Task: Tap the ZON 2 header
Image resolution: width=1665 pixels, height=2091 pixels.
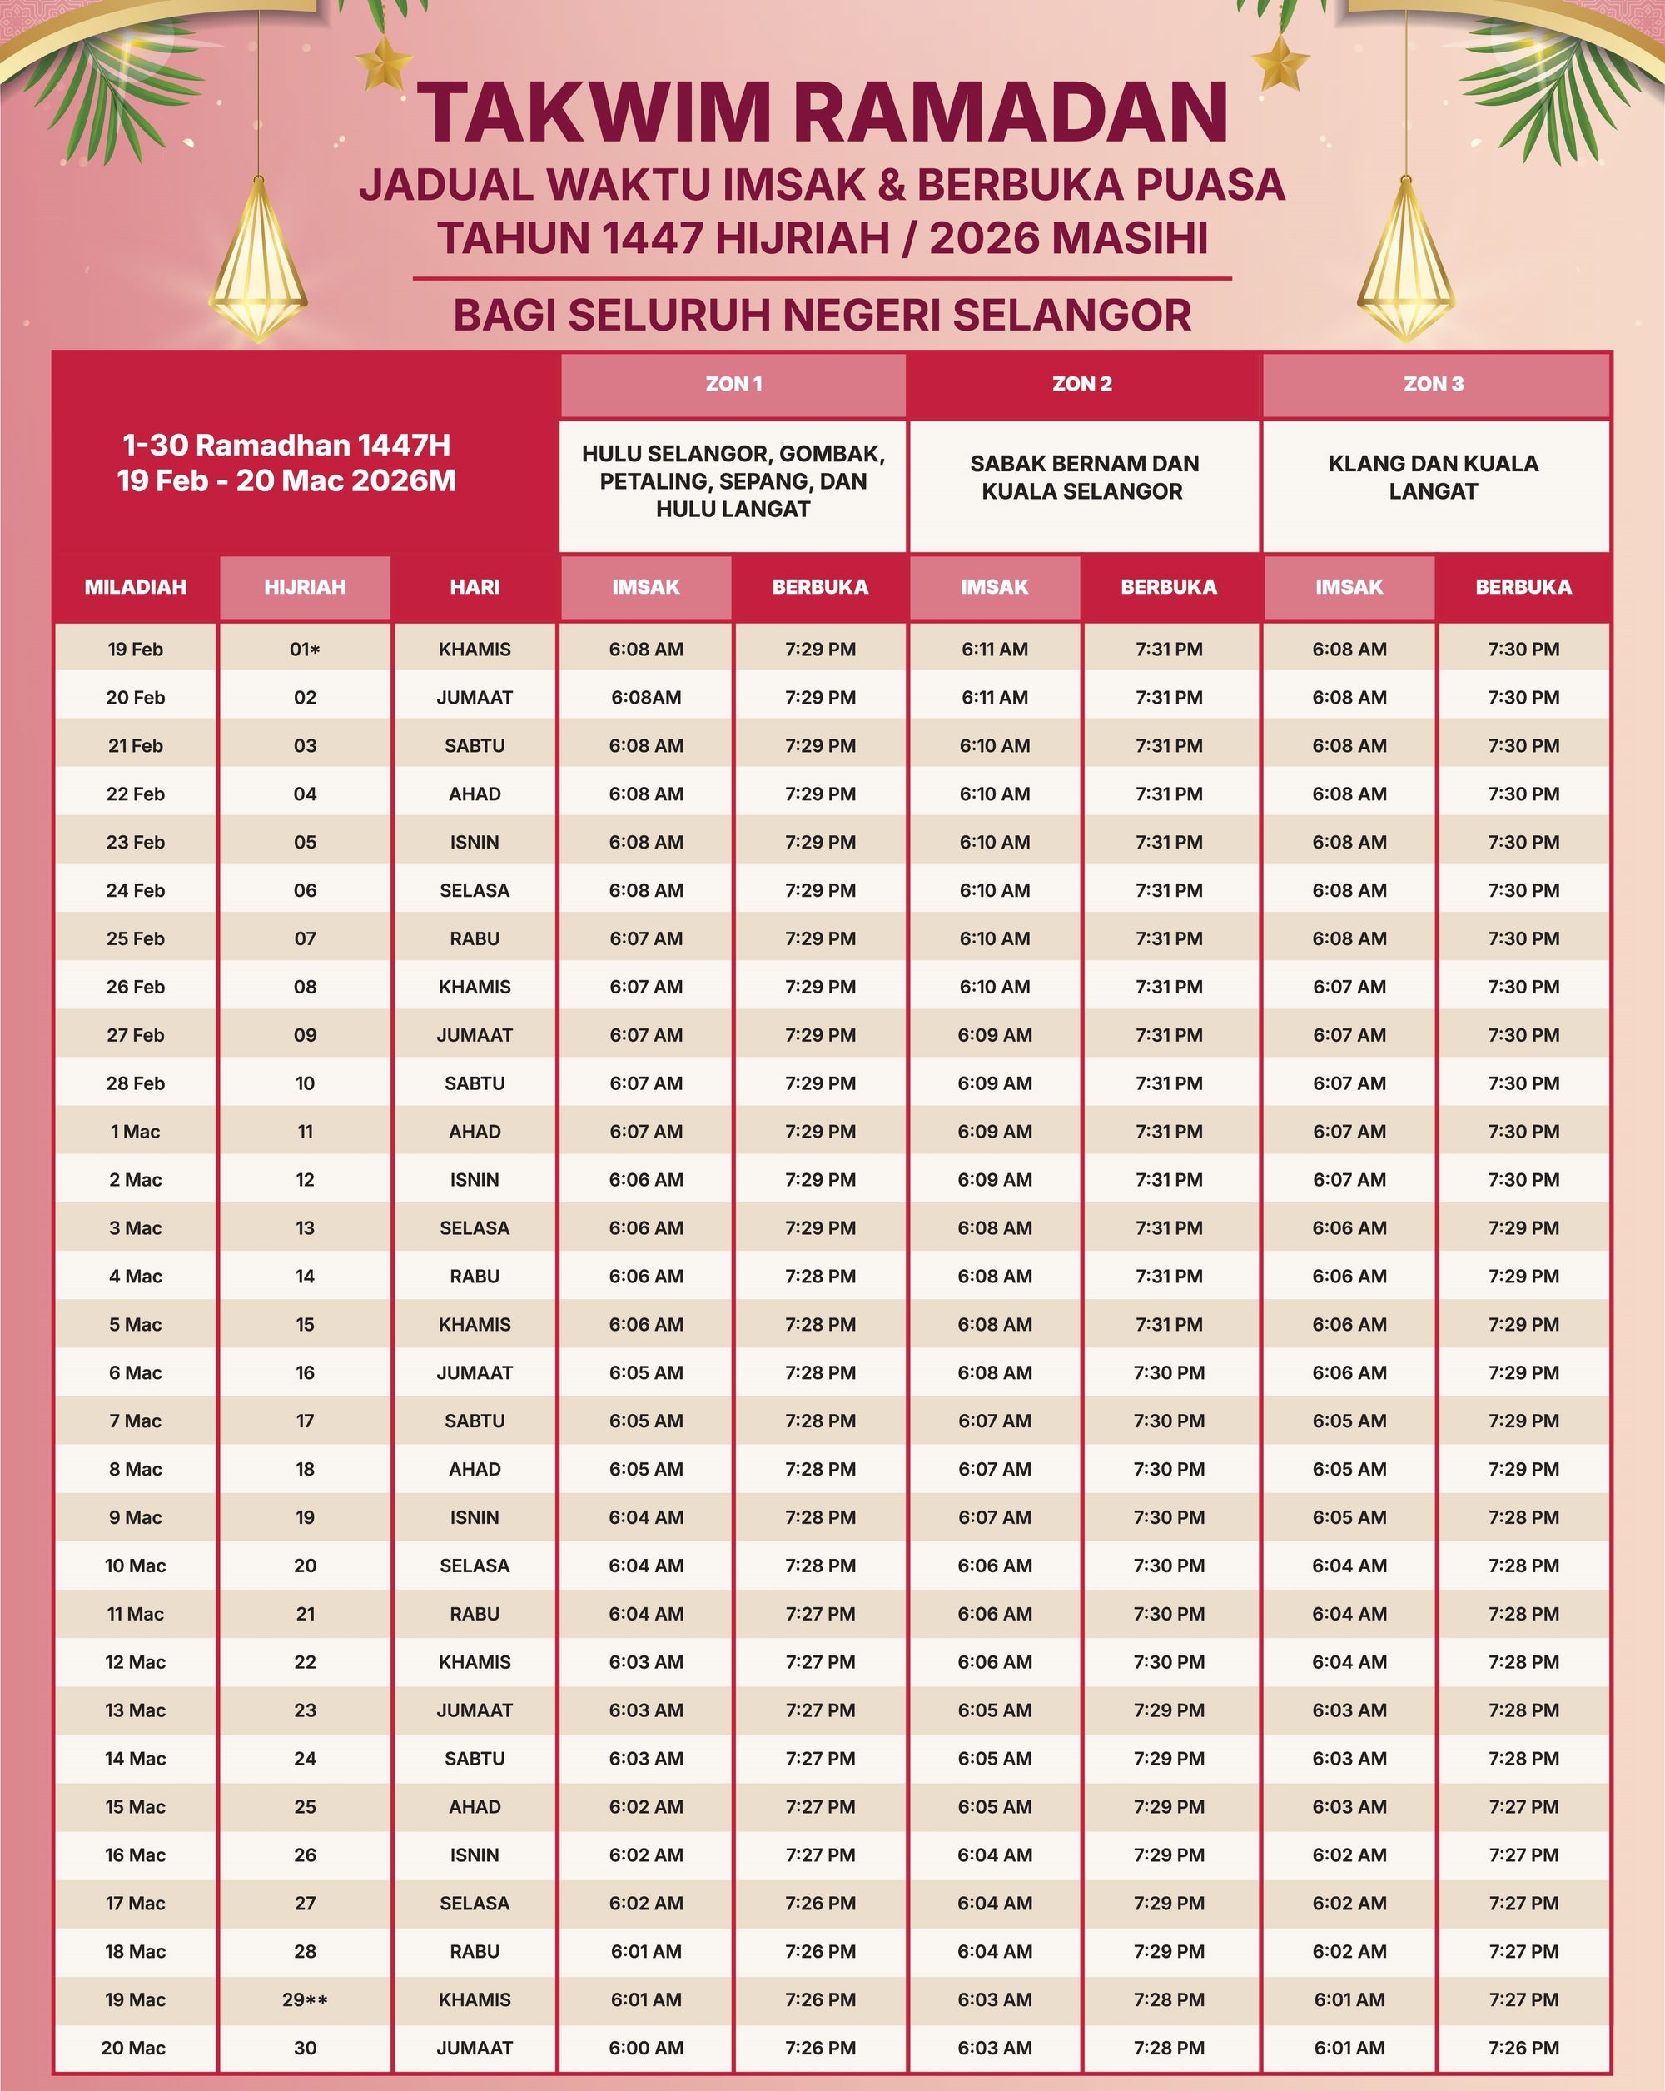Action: (1082, 384)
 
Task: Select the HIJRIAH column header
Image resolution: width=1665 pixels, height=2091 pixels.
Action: (305, 587)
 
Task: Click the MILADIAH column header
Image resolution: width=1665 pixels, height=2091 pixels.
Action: (135, 587)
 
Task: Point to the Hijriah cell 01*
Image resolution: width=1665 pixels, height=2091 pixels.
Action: (305, 650)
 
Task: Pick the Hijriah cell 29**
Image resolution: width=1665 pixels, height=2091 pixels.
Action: (305, 2000)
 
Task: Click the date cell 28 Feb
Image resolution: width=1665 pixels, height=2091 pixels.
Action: (135, 1083)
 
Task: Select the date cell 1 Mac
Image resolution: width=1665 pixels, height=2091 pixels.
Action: (135, 1132)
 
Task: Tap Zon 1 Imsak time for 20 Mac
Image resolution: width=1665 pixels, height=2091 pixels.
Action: (646, 2049)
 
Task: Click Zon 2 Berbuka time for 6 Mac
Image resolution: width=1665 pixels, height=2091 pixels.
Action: (1169, 1373)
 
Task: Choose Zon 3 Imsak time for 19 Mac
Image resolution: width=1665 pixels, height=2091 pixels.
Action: (1349, 2000)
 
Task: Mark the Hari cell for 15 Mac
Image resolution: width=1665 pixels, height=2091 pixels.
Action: (475, 1807)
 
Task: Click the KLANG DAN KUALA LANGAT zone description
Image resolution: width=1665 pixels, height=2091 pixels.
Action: (1434, 477)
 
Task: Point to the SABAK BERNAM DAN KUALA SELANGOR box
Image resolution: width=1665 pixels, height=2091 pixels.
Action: (1082, 477)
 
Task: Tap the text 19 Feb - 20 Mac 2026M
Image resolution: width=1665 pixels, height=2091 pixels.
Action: (286, 481)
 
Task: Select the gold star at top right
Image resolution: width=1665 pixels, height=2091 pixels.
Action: (1280, 63)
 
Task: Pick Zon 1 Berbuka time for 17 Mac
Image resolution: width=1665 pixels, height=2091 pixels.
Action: (820, 1904)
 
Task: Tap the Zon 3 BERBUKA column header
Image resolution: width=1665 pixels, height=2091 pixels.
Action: (1523, 587)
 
